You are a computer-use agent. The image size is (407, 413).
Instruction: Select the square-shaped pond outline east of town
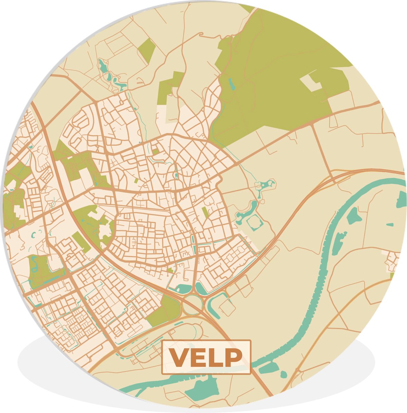(255, 223)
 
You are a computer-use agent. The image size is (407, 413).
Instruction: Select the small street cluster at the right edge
(393, 262)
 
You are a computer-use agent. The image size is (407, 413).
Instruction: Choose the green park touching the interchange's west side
(165, 311)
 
